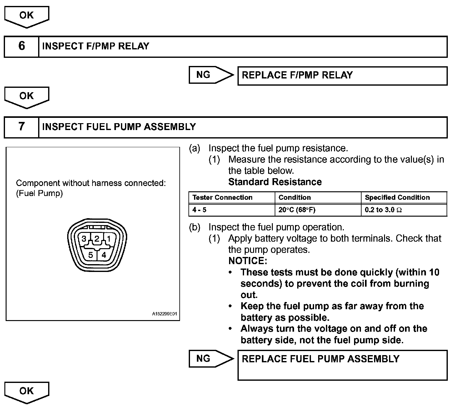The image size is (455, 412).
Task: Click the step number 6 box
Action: [21, 46]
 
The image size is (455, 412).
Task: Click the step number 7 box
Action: [21, 127]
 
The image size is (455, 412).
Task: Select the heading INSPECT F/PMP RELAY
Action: [96, 46]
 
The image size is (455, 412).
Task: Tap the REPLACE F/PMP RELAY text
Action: [297, 75]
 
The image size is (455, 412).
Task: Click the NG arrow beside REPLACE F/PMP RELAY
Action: [211, 75]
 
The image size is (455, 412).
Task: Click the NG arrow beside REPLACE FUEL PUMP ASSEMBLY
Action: [211, 359]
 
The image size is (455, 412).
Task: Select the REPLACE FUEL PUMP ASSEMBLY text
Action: [321, 359]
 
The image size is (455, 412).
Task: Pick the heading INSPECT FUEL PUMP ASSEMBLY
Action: [119, 127]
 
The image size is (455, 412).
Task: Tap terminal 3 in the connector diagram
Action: [84, 239]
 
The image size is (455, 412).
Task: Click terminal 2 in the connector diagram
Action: [97, 239]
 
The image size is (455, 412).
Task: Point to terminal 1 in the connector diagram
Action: [108, 239]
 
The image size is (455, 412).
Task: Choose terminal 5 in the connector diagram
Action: [90, 255]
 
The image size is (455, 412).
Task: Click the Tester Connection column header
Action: [222, 198]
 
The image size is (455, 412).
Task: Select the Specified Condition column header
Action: [397, 198]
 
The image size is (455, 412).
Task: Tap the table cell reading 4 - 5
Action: [199, 210]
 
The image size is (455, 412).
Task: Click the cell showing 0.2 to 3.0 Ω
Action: [383, 210]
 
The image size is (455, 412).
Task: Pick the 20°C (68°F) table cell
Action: [297, 210]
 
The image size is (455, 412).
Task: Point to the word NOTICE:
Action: [247, 261]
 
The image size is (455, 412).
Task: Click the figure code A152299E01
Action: [164, 314]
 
